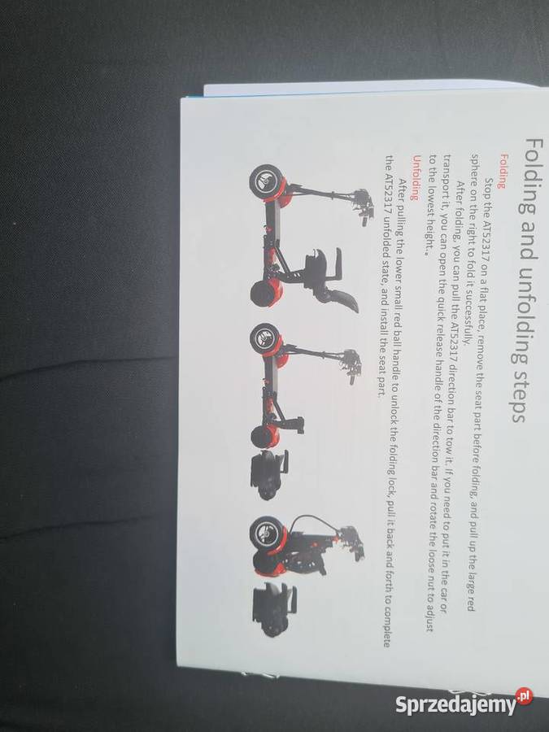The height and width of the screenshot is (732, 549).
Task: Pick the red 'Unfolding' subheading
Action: pyautogui.click(x=414, y=177)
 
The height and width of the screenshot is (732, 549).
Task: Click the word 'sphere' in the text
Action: pyautogui.click(x=474, y=169)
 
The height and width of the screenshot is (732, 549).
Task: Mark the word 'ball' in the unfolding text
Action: pyautogui.click(x=397, y=338)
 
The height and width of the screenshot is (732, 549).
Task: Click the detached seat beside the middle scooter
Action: pyautogui.click(x=269, y=475)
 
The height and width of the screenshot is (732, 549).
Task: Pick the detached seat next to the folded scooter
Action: pyautogui.click(x=273, y=609)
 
